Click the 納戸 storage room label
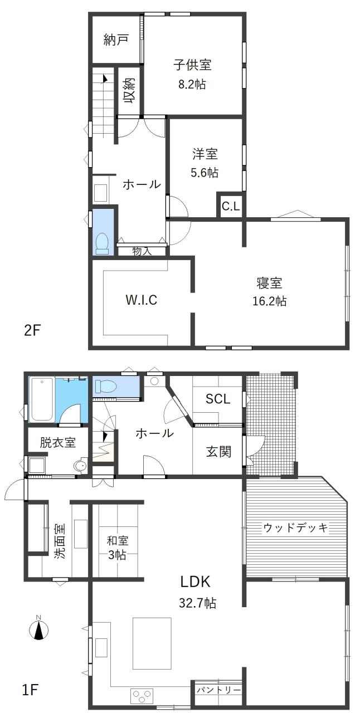[116, 40]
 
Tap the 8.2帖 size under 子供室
[192, 84]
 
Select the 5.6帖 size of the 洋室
[205, 173]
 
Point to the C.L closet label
[231, 207]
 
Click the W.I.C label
[142, 300]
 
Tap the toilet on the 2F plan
[103, 243]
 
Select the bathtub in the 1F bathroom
[41, 399]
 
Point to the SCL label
[218, 399]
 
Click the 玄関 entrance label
[218, 451]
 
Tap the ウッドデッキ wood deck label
[296, 528]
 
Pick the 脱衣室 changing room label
[57, 442]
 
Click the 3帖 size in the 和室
[117, 555]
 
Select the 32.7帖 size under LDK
[197, 603]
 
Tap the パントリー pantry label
[218, 690]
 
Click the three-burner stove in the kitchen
[142, 696]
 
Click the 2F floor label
[32, 330]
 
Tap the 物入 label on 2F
[142, 251]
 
